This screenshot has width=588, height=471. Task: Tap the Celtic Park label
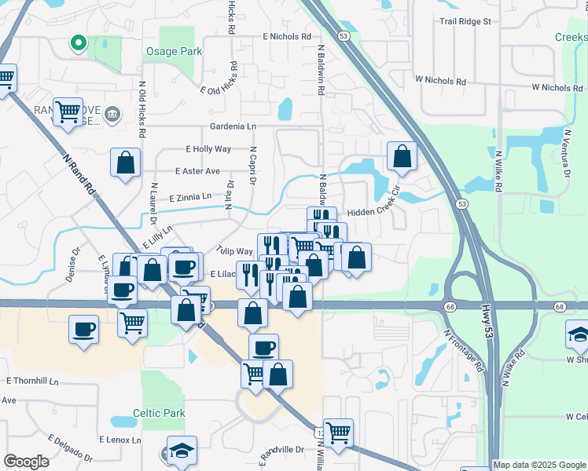[159, 413]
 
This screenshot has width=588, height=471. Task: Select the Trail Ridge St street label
[465, 21]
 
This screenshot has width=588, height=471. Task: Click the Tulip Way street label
[235, 252]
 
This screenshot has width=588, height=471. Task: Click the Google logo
[26, 462]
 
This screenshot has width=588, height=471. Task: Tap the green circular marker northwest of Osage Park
[78, 43]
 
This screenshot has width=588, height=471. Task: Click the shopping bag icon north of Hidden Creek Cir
[402, 156]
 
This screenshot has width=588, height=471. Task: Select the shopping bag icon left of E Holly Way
[126, 163]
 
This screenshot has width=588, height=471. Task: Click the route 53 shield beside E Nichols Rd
[344, 36]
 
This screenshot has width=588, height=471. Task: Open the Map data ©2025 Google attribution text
[539, 465]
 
